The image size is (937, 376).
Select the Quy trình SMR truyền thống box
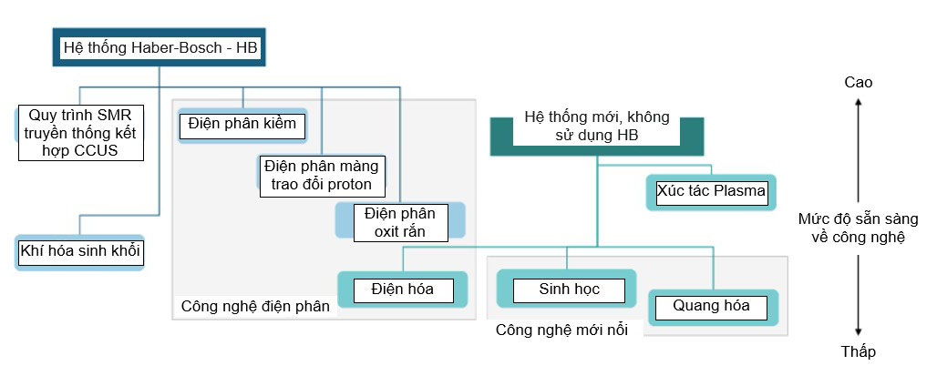coord(82,133)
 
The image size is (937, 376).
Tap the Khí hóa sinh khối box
coord(80,251)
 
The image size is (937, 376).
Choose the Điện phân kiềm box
coord(242,125)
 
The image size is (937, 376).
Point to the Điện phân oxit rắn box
coord(400,222)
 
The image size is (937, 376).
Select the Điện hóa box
coord(401,290)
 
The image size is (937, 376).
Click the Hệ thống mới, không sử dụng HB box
coord(597,127)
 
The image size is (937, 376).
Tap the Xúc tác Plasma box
coord(711,192)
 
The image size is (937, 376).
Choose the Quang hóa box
coord(711,306)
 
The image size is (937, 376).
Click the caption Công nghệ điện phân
coord(254,306)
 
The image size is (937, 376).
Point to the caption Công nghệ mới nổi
coord(561,329)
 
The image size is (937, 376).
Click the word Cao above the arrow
coord(858,82)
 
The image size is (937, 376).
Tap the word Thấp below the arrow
coord(859,351)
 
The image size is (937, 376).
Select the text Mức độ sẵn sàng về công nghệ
coord(858,229)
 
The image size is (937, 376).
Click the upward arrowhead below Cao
coord(858,105)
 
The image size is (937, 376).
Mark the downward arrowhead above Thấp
coord(858,331)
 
